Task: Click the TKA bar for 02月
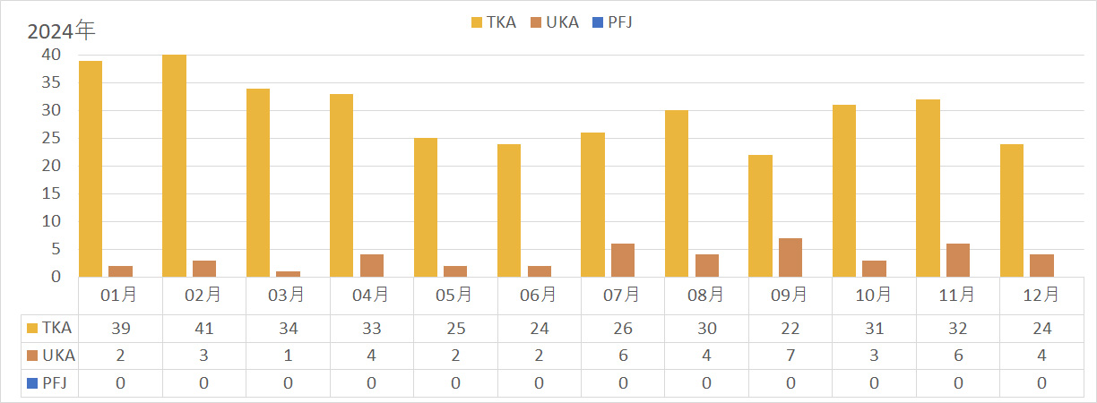pos(174,166)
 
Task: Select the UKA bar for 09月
pos(790,258)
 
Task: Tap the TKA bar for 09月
pos(760,216)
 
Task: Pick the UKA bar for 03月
pos(287,274)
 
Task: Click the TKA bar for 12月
pos(1012,210)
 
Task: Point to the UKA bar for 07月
pos(623,261)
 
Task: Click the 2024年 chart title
pos(61,31)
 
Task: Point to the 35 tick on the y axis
pos(51,82)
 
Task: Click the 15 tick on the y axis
pos(51,193)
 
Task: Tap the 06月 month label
pos(539,294)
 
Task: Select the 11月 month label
pos(958,294)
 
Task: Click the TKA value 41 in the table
pos(203,329)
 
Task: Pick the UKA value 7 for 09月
pos(790,356)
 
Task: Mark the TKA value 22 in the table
pos(790,329)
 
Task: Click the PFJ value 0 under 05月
pos(454,383)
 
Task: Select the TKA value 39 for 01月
pos(120,329)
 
